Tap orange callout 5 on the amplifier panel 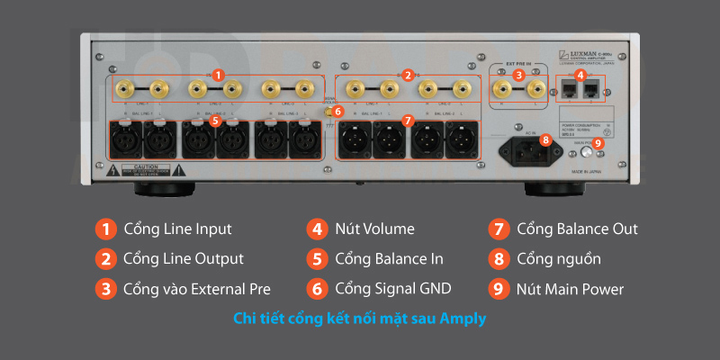pyautogui.click(x=214, y=119)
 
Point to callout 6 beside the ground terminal pyautogui.click(x=338, y=111)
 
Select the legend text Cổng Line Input pyautogui.click(x=177, y=229)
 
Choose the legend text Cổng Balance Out pyautogui.click(x=577, y=229)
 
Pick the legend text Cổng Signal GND pyautogui.click(x=393, y=289)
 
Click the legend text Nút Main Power pyautogui.click(x=570, y=289)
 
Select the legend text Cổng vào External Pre pyautogui.click(x=197, y=289)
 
